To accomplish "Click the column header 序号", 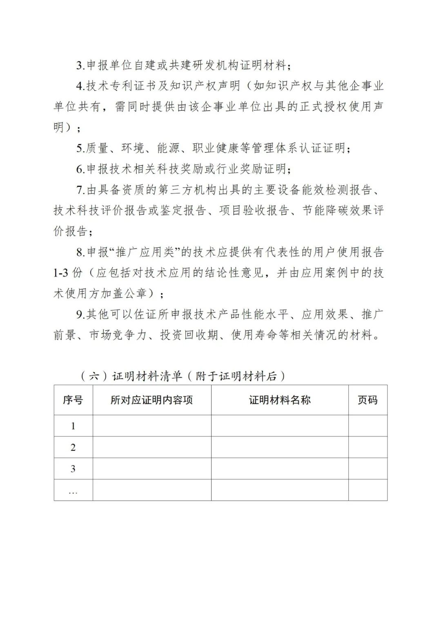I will [x=73, y=400].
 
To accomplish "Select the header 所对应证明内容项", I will [x=151, y=400].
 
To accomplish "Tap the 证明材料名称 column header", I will [x=280, y=400].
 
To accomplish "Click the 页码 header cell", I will [x=367, y=400].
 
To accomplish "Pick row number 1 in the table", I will [x=73, y=426].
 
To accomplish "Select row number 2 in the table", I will [x=73, y=447].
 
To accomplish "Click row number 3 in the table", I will [x=73, y=469].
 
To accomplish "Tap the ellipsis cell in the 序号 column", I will [x=73, y=490].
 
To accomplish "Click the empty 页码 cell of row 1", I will [x=367, y=426].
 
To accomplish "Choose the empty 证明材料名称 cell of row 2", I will [x=280, y=447].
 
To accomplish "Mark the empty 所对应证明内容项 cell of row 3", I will [x=151, y=469].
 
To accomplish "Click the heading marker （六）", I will [x=94, y=376].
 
